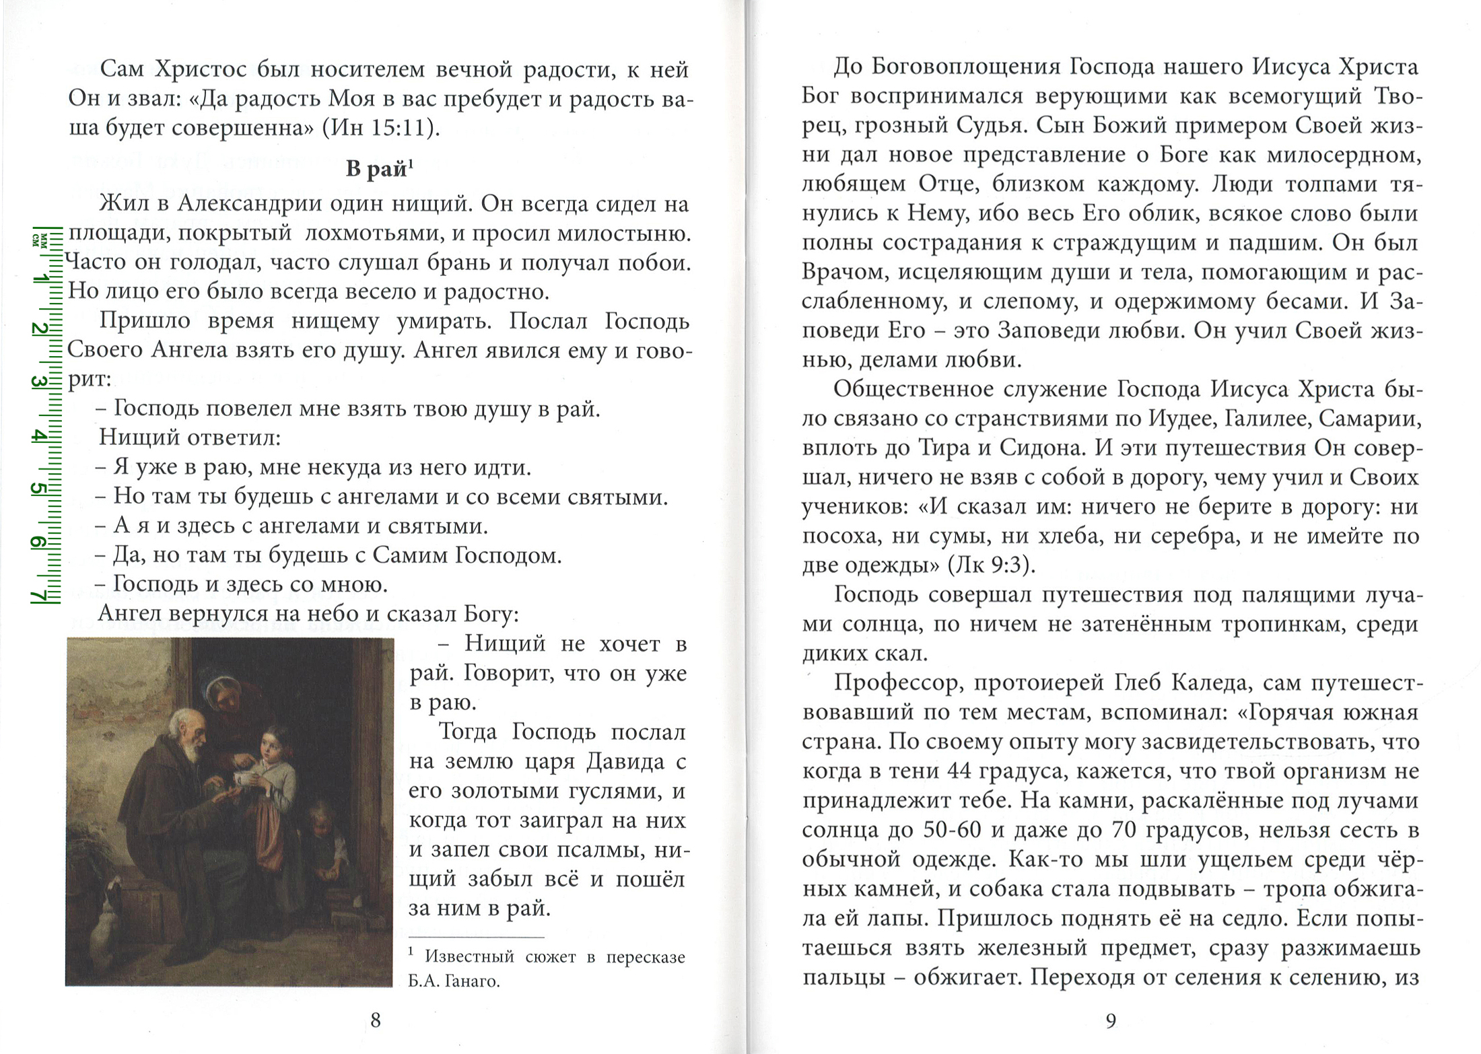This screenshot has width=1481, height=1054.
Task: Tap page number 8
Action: pos(376,1020)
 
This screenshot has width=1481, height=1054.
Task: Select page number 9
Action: pos(1111,1020)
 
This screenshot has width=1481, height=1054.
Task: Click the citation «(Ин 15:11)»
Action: pos(381,127)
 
